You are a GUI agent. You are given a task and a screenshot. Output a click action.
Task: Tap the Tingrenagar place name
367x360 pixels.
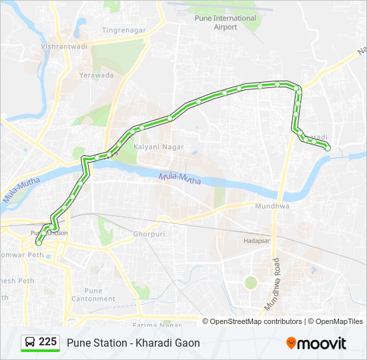[x=123, y=30]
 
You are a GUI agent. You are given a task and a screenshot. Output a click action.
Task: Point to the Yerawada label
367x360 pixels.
[x=97, y=75]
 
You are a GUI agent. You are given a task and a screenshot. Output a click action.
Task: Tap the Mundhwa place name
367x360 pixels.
[x=271, y=207]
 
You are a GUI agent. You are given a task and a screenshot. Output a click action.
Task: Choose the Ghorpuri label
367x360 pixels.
[x=149, y=235]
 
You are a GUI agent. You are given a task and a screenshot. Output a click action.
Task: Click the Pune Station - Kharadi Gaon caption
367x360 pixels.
[x=133, y=343]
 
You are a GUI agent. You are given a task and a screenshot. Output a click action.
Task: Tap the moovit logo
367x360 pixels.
[x=316, y=343]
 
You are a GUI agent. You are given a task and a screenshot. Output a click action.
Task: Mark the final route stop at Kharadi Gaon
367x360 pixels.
[x=328, y=149]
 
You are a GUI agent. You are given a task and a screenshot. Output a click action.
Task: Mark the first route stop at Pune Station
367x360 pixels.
[x=39, y=243]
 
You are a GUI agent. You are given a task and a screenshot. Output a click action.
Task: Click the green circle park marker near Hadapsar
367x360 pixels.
[x=250, y=282]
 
